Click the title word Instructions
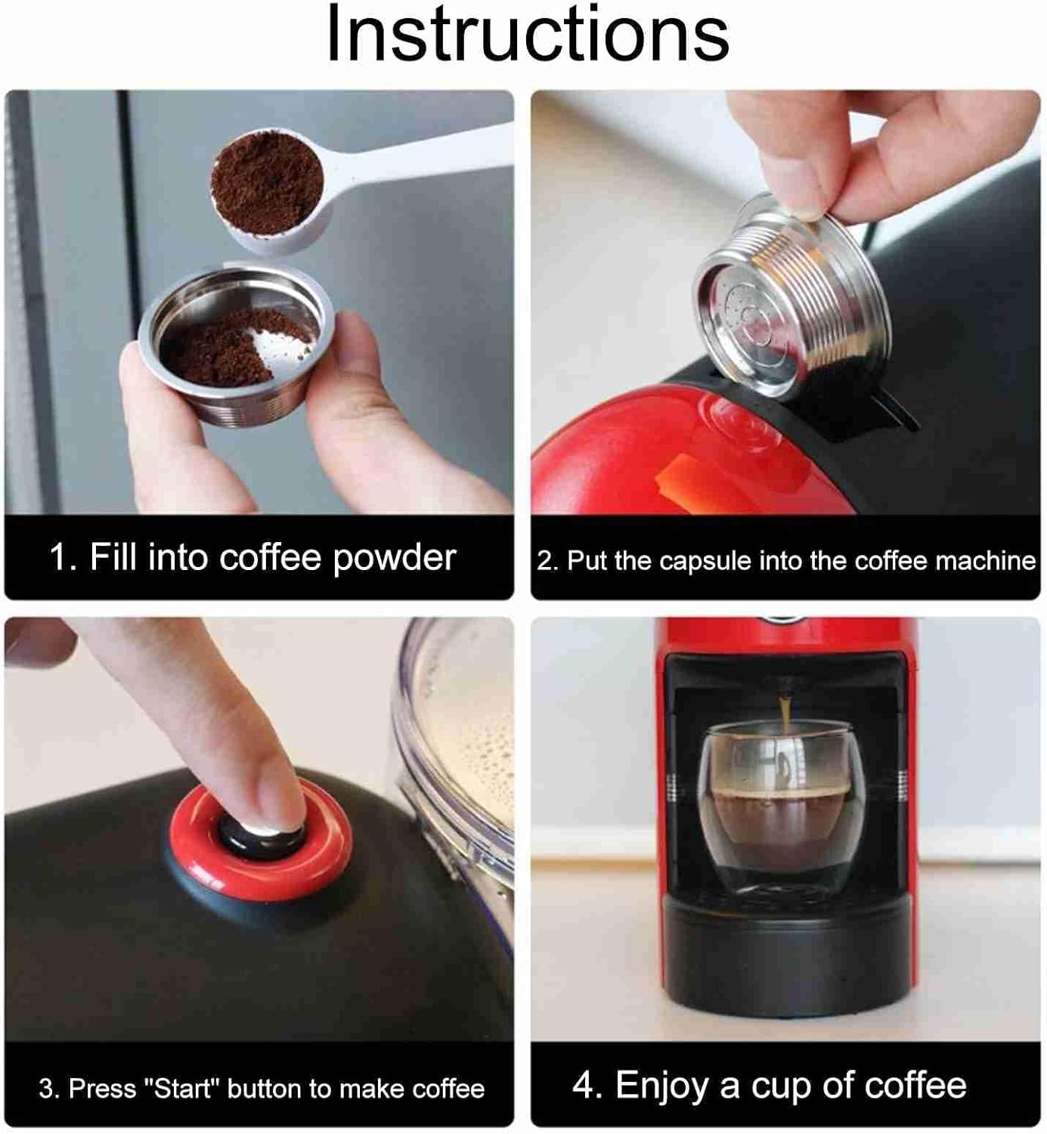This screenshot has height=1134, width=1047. point(527,35)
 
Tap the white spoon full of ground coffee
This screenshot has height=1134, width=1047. point(268,185)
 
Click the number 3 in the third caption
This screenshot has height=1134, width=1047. point(46,1089)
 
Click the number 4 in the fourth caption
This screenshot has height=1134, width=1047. point(583,1086)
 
